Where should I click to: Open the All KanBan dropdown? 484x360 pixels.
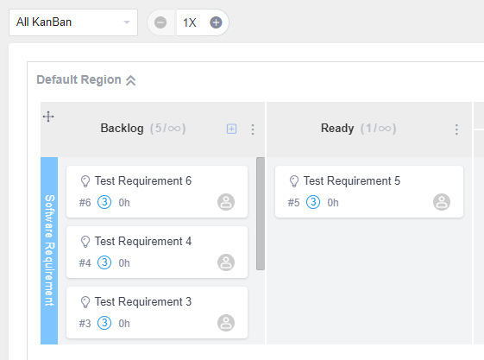tap(73, 22)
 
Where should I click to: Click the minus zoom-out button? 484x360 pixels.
tap(160, 22)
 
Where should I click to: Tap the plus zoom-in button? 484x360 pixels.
tap(216, 22)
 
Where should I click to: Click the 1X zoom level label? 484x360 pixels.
tap(190, 22)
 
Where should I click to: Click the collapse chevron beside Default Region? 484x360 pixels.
tap(130, 80)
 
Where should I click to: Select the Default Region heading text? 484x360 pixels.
tap(79, 79)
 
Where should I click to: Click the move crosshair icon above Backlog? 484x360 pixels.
tap(48, 117)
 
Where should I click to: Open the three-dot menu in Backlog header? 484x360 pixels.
tap(253, 129)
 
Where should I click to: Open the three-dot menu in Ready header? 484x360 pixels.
tap(456, 129)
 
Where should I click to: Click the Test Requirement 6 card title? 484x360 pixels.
tap(143, 181)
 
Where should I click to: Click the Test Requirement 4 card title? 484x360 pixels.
tap(143, 242)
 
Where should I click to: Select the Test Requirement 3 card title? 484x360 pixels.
tap(143, 302)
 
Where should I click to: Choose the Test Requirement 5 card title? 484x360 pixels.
tap(352, 181)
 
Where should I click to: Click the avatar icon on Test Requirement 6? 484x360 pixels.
tap(226, 202)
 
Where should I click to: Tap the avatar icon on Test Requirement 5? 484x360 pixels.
tap(442, 202)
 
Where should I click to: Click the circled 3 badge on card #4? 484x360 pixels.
tap(104, 262)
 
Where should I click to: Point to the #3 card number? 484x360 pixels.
tap(85, 324)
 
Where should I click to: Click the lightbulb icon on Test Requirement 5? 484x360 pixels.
tap(294, 181)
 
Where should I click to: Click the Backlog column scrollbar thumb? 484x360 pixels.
tap(261, 213)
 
